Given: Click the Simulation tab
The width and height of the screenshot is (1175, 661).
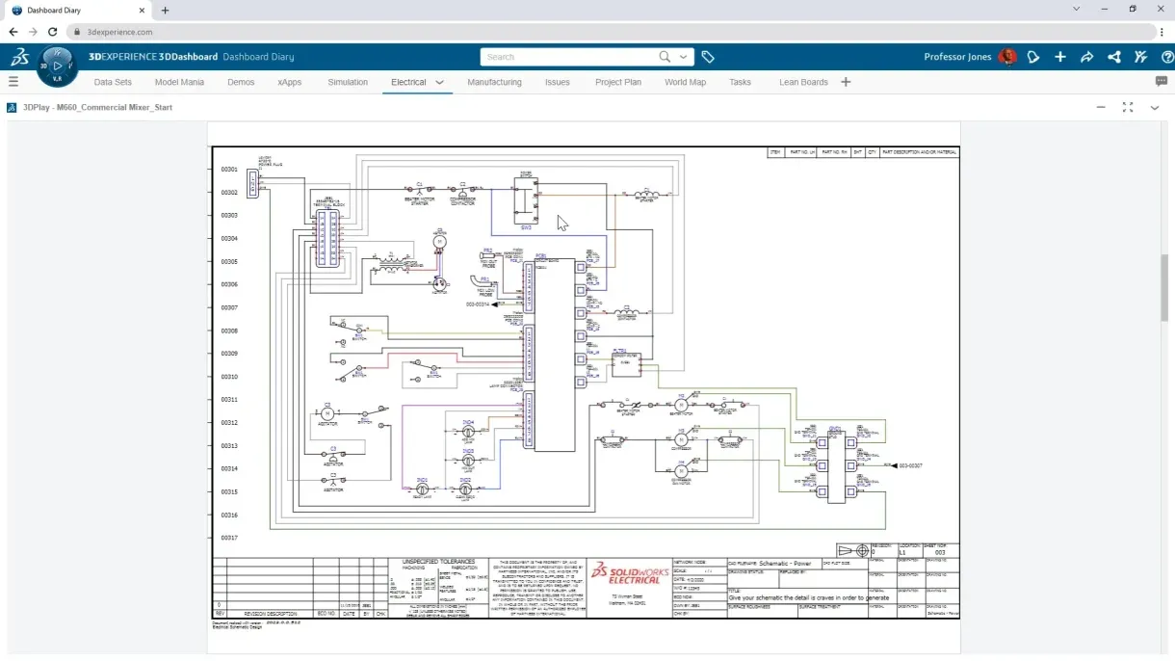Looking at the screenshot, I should tap(348, 82).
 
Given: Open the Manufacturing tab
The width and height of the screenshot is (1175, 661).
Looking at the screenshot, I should tap(494, 82).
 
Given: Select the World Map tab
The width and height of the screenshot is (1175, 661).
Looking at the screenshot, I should tap(685, 82).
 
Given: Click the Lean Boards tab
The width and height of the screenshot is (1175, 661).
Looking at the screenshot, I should tap(803, 82).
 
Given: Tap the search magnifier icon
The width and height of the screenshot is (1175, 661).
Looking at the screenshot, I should tap(665, 57).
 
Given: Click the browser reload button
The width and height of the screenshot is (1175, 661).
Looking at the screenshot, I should tap(52, 32).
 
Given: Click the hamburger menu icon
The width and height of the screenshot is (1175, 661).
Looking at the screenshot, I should tap(13, 82).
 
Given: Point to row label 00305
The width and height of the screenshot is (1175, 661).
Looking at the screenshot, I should tap(229, 262).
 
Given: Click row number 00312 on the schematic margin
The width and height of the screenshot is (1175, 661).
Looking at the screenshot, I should tap(229, 423).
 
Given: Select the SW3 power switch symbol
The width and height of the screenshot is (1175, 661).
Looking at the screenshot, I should tap(526, 200).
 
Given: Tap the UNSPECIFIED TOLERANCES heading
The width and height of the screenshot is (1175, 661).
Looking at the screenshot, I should tap(439, 561).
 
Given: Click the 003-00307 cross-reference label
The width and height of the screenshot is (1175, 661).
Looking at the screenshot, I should tap(910, 465).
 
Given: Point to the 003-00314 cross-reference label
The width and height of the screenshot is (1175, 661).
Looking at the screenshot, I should tap(479, 304).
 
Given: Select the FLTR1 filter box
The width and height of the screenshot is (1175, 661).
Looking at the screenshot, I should tap(626, 362).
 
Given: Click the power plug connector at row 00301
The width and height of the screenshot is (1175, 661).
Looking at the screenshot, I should tap(253, 182).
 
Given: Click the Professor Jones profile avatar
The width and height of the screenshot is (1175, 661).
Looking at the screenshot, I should tap(1007, 57).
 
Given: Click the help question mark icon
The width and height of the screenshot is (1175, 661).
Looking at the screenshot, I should tap(1167, 57).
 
